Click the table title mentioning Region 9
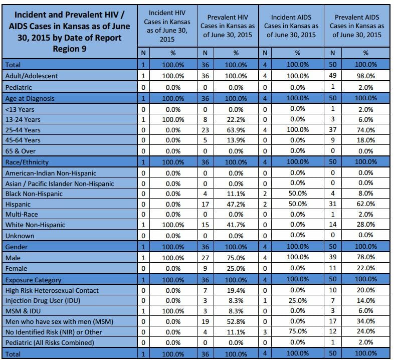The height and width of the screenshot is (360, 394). click(x=70, y=32)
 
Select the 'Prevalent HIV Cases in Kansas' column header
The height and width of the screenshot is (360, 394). click(x=228, y=26)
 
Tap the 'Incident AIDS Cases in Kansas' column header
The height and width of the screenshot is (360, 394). click(x=291, y=26)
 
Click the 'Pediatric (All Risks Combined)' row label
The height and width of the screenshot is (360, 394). click(x=50, y=342)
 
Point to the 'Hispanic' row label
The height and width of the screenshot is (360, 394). click(x=18, y=205)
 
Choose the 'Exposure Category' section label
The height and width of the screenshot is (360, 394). click(x=33, y=280)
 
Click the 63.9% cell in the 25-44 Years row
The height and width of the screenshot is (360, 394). click(x=236, y=130)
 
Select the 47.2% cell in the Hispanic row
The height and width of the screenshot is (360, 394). click(x=236, y=205)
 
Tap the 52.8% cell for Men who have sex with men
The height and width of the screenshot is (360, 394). click(x=236, y=322)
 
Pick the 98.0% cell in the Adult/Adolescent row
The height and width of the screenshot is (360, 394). click(x=366, y=76)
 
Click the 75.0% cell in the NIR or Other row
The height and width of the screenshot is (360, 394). click(x=298, y=331)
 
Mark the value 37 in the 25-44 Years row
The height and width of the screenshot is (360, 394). click(x=333, y=130)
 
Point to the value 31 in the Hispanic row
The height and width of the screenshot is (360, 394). click(x=333, y=204)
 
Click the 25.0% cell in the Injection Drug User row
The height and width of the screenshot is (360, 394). click(x=298, y=301)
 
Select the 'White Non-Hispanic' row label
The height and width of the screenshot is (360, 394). click(x=35, y=225)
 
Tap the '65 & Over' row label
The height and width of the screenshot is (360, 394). click(x=21, y=151)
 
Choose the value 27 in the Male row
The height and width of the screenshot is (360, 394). click(x=206, y=258)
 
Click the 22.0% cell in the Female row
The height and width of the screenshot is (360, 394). click(x=366, y=268)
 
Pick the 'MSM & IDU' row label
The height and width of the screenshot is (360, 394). click(x=23, y=311)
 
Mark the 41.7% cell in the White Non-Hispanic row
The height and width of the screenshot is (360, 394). click(x=236, y=225)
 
